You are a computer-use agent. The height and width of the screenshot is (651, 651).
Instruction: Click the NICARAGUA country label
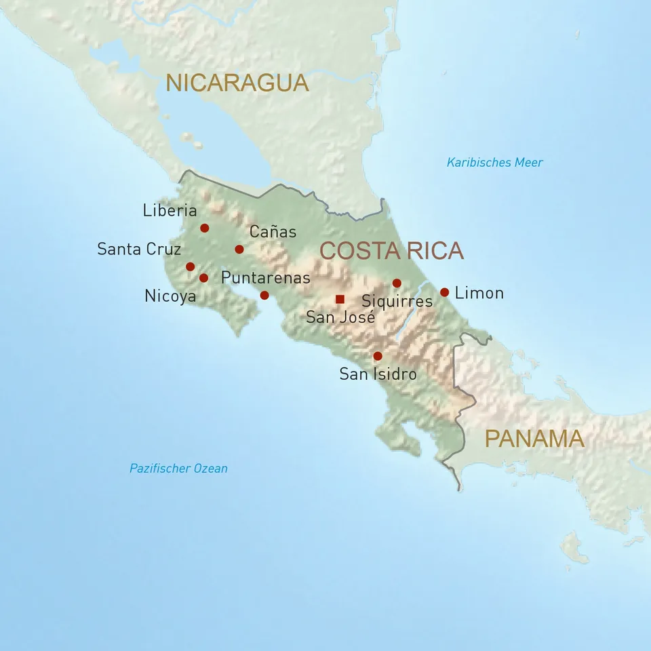tap(237, 83)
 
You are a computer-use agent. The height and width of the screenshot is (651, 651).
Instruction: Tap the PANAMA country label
tap(534, 439)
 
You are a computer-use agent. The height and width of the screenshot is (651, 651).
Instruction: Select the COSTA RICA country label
tap(391, 250)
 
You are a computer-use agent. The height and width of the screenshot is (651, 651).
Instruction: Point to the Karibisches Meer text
tap(494, 163)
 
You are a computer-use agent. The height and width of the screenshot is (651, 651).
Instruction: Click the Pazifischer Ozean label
tap(178, 469)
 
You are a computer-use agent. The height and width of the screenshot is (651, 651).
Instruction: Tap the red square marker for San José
tap(340, 299)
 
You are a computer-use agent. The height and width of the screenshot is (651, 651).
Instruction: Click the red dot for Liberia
tap(204, 228)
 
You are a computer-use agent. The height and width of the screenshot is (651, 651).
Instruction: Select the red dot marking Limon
tap(444, 292)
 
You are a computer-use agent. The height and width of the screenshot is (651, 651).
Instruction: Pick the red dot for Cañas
tap(239, 249)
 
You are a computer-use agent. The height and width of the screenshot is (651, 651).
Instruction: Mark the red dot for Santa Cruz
tap(190, 267)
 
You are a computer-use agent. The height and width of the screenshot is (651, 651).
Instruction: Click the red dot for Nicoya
tap(203, 278)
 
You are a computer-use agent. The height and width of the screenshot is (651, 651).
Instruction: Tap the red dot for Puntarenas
tap(264, 295)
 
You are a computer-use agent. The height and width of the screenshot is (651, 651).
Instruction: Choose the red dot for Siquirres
tap(397, 283)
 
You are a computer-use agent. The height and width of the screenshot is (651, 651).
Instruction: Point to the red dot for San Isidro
tap(378, 356)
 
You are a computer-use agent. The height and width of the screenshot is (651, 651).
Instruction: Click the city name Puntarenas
tap(265, 278)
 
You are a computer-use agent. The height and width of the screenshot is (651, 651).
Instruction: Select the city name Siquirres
tap(397, 301)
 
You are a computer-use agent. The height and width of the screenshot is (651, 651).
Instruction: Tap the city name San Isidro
tap(378, 374)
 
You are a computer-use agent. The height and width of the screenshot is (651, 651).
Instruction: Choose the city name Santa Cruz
tap(139, 249)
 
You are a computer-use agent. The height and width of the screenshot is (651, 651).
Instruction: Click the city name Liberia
tap(170, 210)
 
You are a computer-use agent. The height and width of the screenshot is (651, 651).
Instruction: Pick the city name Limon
tap(479, 293)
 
